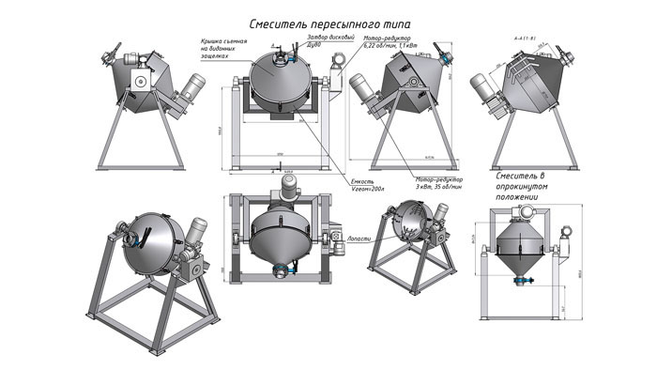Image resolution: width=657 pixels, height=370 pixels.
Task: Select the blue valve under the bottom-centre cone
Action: pyautogui.click(x=279, y=273)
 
